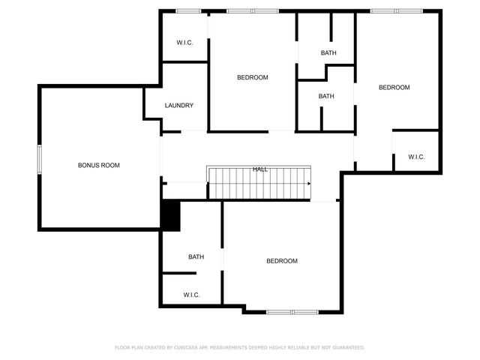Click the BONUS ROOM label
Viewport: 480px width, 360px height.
99,165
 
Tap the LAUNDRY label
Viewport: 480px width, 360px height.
179,106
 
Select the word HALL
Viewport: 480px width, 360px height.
260,169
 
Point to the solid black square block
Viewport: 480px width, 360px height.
170,216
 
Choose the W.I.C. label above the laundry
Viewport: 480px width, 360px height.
184,43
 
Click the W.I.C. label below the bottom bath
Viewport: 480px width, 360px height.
191,295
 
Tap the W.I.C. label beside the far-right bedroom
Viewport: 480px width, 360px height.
416,157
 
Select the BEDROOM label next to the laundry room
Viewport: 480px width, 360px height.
252,77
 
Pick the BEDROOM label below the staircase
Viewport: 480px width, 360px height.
282,261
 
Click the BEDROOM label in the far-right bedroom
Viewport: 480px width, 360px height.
394,88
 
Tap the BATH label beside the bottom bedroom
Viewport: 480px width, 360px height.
196,257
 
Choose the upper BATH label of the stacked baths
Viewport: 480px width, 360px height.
328,52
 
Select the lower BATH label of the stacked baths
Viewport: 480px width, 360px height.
325,96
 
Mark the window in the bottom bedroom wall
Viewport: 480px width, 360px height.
292,311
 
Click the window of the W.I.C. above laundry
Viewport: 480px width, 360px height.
188,10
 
